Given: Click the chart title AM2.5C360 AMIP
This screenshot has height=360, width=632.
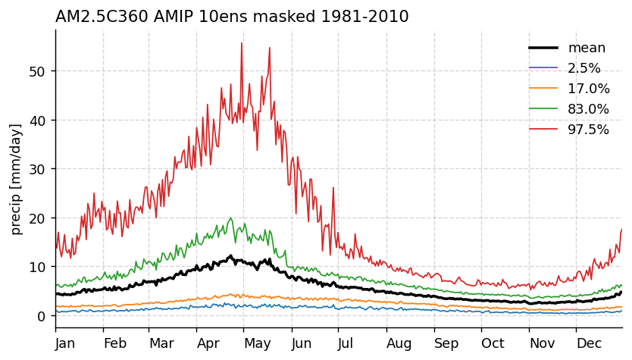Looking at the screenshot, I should [x=232, y=17].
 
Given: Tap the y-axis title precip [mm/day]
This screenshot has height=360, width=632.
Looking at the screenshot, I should [x=16, y=179].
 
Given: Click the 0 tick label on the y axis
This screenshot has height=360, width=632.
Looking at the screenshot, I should [x=42, y=316].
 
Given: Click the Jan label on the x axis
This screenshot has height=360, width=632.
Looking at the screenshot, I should [x=66, y=343].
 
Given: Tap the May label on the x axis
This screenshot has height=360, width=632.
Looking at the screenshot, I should [x=258, y=343].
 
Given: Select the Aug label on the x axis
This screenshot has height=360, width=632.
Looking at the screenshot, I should [x=399, y=343].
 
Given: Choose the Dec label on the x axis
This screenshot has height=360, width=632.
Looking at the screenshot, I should [x=589, y=343].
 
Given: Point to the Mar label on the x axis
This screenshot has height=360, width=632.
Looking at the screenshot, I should [x=161, y=343].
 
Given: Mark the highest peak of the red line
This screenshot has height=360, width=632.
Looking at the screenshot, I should [x=242, y=43].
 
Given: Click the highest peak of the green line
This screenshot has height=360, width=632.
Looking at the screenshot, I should [x=230, y=218].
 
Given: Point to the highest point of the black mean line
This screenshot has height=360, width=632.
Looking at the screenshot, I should [x=230, y=255].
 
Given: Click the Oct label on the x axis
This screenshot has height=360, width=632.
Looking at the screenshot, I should [x=493, y=343].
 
